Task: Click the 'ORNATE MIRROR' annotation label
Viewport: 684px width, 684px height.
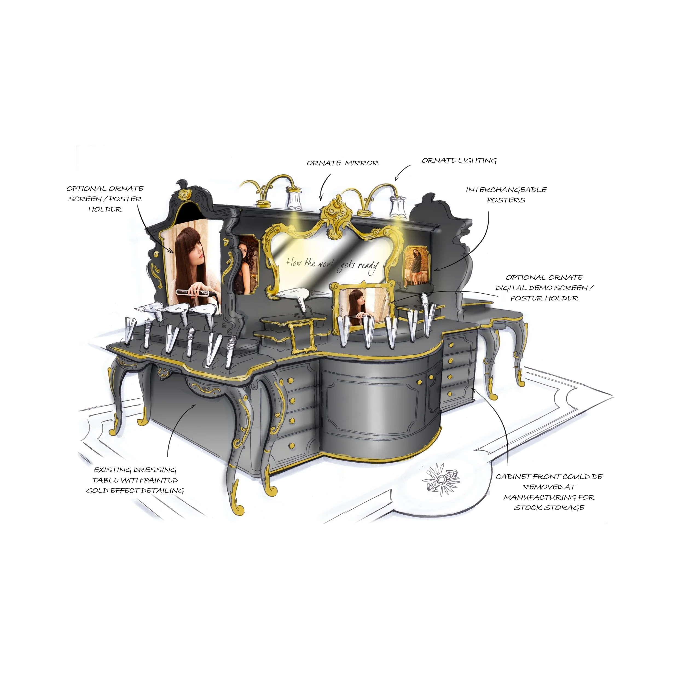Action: [342, 163]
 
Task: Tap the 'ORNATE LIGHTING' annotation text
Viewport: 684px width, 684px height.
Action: [459, 161]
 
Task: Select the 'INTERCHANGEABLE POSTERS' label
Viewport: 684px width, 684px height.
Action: [506, 195]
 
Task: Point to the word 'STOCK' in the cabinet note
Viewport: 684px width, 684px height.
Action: [528, 508]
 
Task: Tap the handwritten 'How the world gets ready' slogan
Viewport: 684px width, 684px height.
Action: [332, 265]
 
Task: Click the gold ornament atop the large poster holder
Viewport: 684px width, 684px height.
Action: [184, 194]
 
